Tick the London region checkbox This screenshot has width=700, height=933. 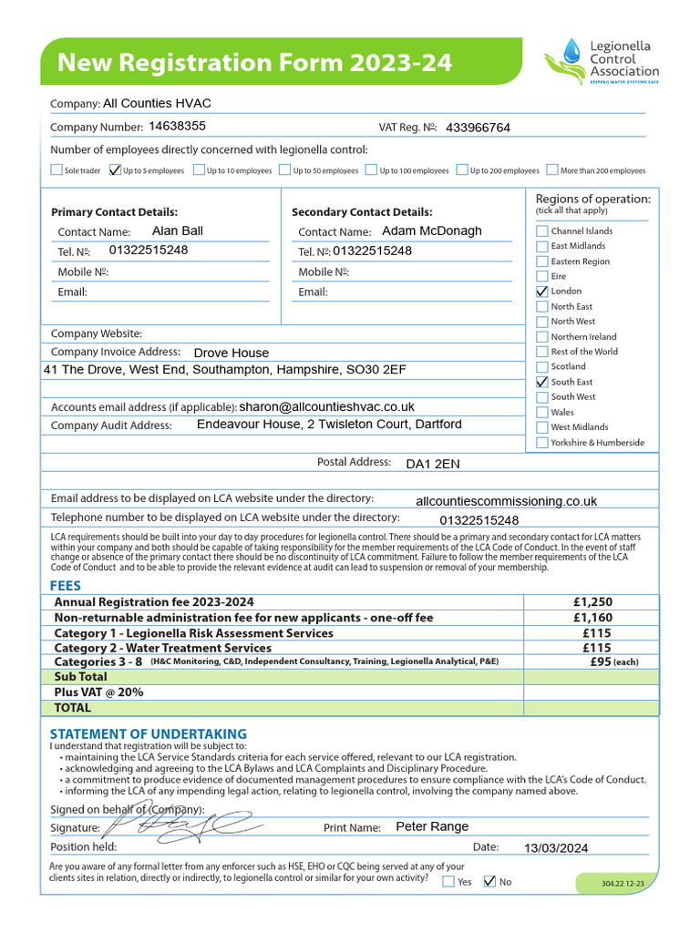click(x=542, y=292)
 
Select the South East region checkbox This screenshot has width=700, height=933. click(x=542, y=382)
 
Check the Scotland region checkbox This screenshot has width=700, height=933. click(x=542, y=367)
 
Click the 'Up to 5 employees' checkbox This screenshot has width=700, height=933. click(x=115, y=169)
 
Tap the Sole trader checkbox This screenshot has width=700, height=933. click(x=57, y=169)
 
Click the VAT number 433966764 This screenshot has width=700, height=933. click(x=478, y=128)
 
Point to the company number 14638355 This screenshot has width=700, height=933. click(x=177, y=127)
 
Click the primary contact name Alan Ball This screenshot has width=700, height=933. click(x=178, y=231)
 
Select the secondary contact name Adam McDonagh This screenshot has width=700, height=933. click(x=432, y=231)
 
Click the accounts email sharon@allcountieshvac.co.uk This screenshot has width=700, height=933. click(x=326, y=406)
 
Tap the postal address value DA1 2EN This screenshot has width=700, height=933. click(x=433, y=464)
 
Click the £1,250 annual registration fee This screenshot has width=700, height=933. click(x=592, y=602)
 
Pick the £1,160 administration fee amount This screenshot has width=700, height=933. click(x=592, y=618)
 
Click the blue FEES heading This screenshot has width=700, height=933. click(x=65, y=587)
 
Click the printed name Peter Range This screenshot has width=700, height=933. click(x=432, y=826)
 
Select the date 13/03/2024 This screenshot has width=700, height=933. click(x=556, y=848)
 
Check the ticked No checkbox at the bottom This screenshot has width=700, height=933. click(x=489, y=881)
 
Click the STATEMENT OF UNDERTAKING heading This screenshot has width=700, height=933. click(x=148, y=733)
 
